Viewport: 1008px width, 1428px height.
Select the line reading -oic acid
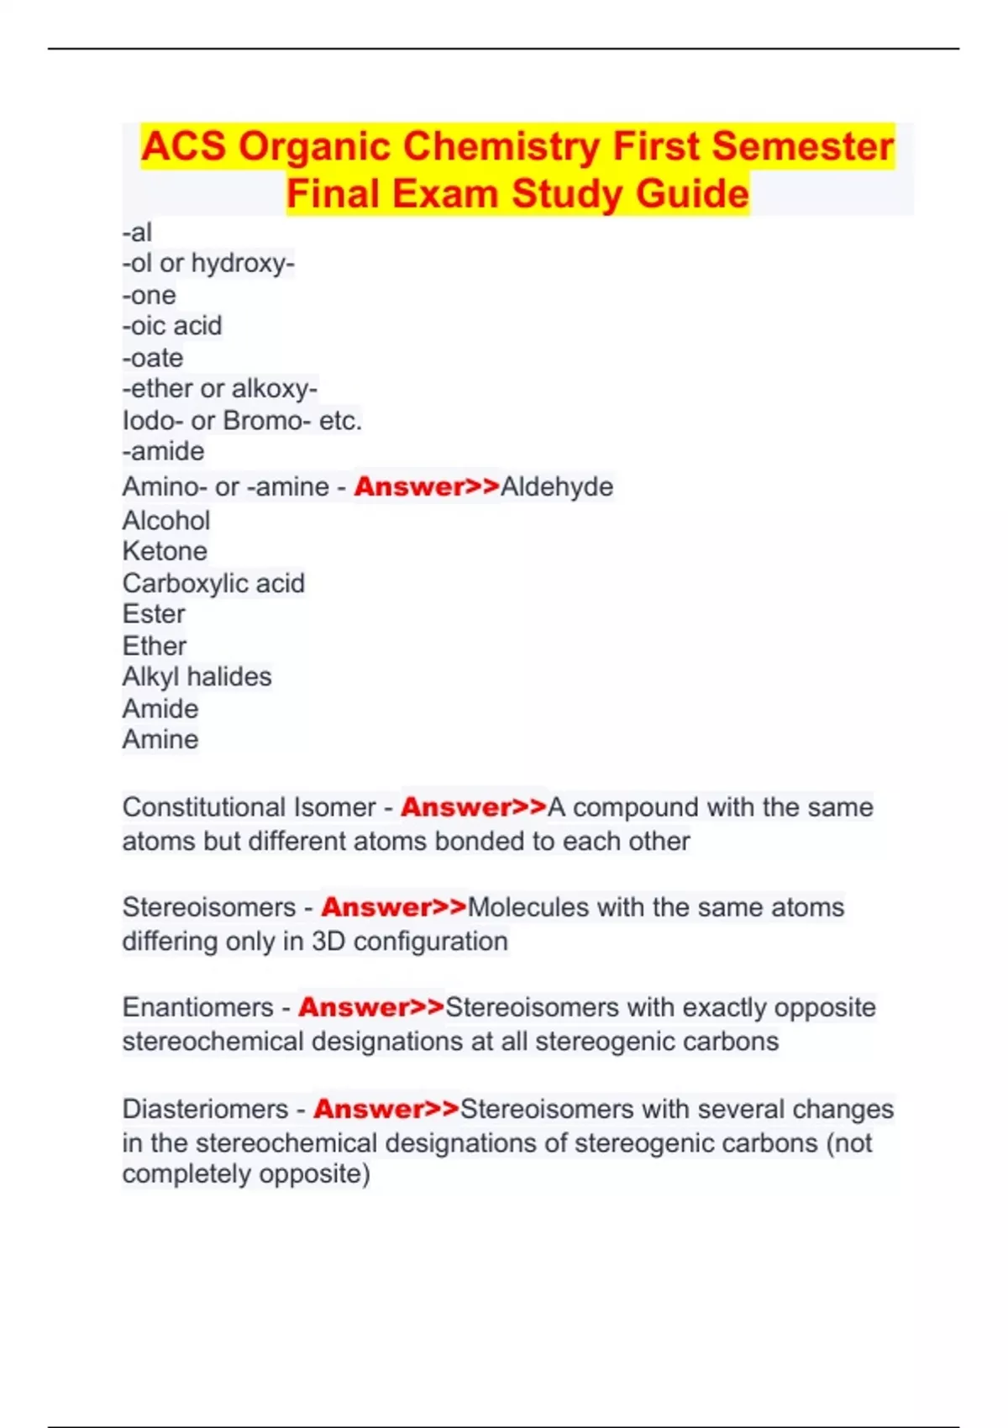click(x=172, y=326)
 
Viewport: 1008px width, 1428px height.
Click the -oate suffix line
click(x=153, y=358)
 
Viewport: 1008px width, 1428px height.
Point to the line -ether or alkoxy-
click(x=219, y=389)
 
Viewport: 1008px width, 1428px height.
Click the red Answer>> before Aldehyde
click(x=427, y=486)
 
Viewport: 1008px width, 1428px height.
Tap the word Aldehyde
click(x=557, y=486)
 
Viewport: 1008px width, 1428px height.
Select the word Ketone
click(x=165, y=551)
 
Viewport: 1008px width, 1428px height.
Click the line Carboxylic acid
click(x=213, y=583)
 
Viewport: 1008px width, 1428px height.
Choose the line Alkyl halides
click(x=197, y=677)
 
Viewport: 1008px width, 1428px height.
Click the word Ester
click(x=154, y=614)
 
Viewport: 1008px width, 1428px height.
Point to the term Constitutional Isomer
click(x=249, y=807)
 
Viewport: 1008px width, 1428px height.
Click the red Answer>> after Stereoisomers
click(x=393, y=907)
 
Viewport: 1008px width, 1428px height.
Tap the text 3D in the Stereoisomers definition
click(x=328, y=942)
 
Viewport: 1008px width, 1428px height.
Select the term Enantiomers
click(x=198, y=1007)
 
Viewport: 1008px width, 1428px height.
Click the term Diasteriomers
click(x=205, y=1109)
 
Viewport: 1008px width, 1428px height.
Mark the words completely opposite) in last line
click(x=246, y=1173)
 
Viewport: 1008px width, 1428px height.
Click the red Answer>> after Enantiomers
click(x=370, y=1007)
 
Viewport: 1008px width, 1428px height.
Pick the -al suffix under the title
click(x=137, y=233)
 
